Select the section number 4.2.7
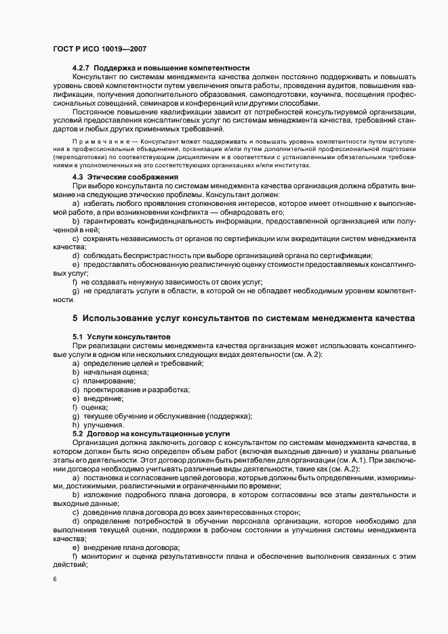point(81,69)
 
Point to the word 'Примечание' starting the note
point(86,140)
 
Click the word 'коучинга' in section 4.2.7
point(330,96)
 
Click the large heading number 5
point(75,318)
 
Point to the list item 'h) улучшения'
point(98,425)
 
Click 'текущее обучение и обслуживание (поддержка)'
point(167,416)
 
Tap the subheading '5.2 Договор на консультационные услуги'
point(150,434)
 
